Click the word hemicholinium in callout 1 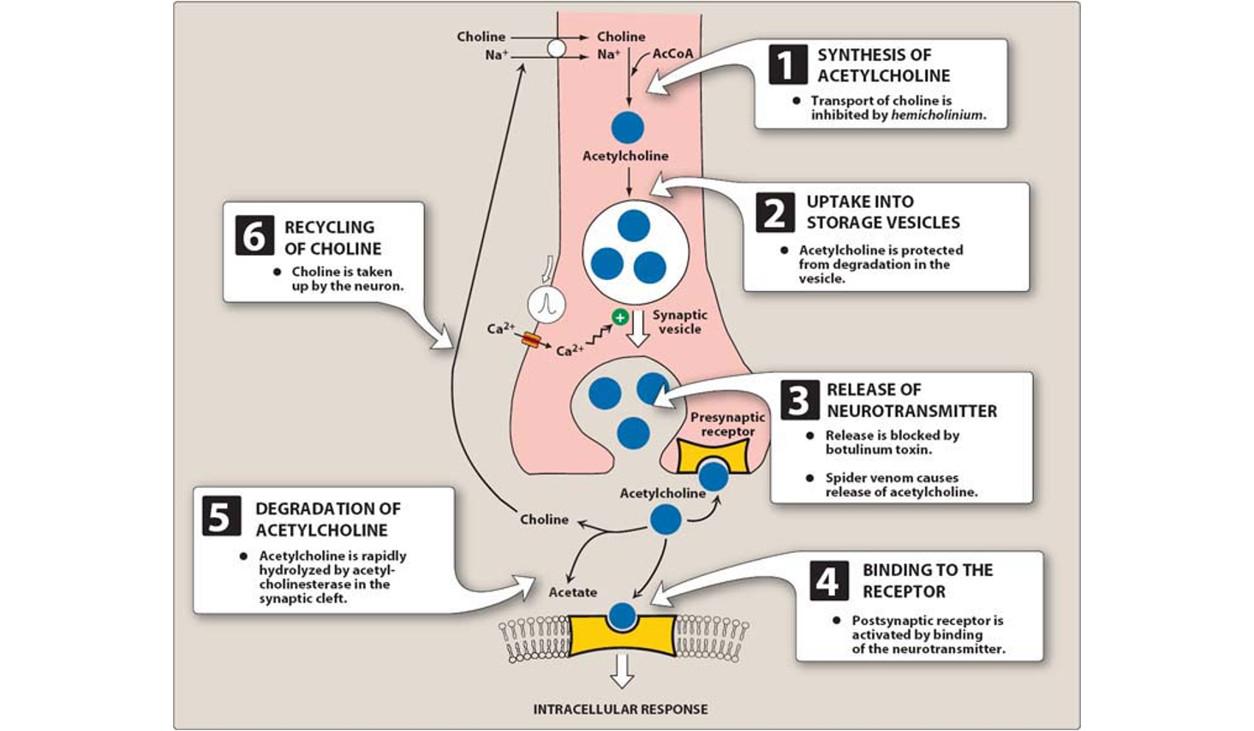pyautogui.click(x=936, y=115)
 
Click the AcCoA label pyautogui.click(x=672, y=53)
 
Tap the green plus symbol pyautogui.click(x=619, y=318)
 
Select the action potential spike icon pyautogui.click(x=546, y=304)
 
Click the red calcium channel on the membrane pyautogui.click(x=531, y=341)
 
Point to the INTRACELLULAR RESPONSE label pyautogui.click(x=620, y=709)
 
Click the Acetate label pyautogui.click(x=573, y=592)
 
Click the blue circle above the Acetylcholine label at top pyautogui.click(x=628, y=128)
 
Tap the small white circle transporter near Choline pyautogui.click(x=556, y=48)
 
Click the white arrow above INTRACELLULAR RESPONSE pyautogui.click(x=622, y=672)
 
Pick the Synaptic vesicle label pyautogui.click(x=680, y=322)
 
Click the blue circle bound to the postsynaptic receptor pyautogui.click(x=622, y=615)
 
